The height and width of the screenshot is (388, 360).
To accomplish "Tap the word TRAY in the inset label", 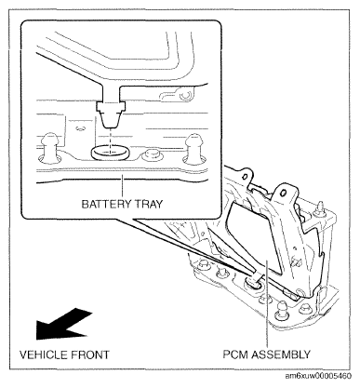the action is coord(149,204).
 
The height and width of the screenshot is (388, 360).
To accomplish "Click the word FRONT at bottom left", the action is coord(90,355).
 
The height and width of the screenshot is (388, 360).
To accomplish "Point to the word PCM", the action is coord(235,355).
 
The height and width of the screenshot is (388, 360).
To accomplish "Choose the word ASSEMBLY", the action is coord(281,355).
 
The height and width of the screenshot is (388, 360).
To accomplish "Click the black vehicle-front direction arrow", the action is coord(62,323).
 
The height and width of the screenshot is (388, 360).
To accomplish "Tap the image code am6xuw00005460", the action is coord(318,376).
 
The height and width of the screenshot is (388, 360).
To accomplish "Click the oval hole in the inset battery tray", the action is coord(110,153).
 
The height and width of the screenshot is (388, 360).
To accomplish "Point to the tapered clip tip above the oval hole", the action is coord(111,120).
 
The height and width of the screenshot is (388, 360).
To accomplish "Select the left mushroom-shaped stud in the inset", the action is coord(49,147).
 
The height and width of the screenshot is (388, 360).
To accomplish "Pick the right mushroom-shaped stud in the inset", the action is coord(194,148).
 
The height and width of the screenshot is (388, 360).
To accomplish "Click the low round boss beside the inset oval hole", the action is coord(152,154).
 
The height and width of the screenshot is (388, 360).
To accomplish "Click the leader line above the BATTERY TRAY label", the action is coord(123,186).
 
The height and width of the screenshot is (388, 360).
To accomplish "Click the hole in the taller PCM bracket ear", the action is coord(283,194).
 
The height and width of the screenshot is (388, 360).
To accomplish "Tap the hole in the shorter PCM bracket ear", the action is coord(245,177).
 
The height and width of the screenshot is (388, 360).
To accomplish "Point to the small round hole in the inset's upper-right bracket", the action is coord(185,95).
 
